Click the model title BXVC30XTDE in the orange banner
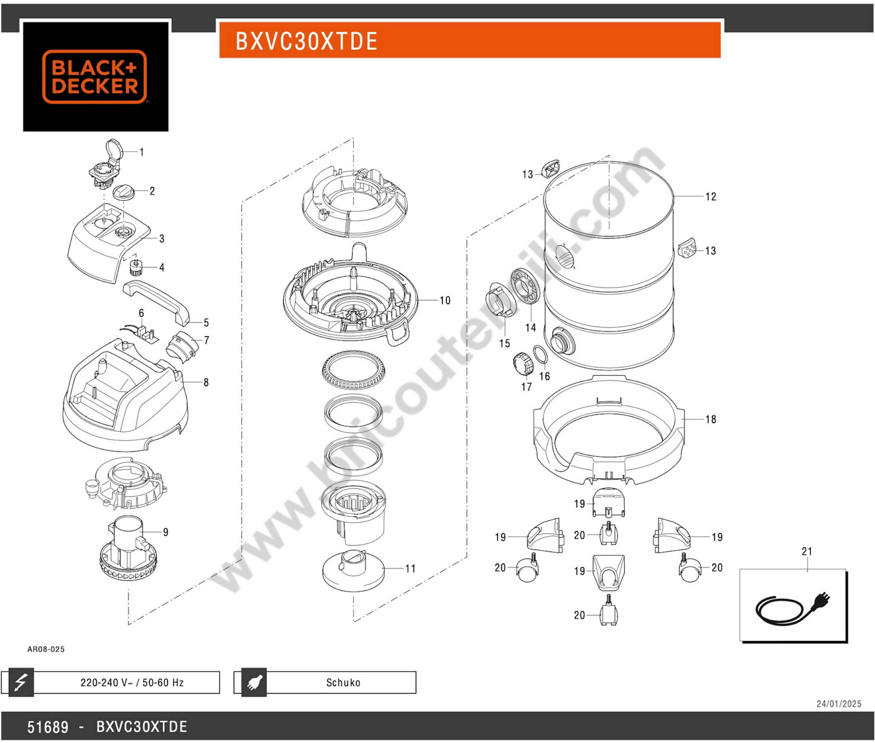tap(306, 41)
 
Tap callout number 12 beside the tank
tap(711, 197)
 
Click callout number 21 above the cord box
tap(807, 551)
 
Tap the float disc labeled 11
tap(353, 571)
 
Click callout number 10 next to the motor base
tap(445, 300)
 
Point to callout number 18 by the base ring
tap(711, 419)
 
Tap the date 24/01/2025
tap(838, 704)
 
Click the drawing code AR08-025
tap(46, 649)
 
